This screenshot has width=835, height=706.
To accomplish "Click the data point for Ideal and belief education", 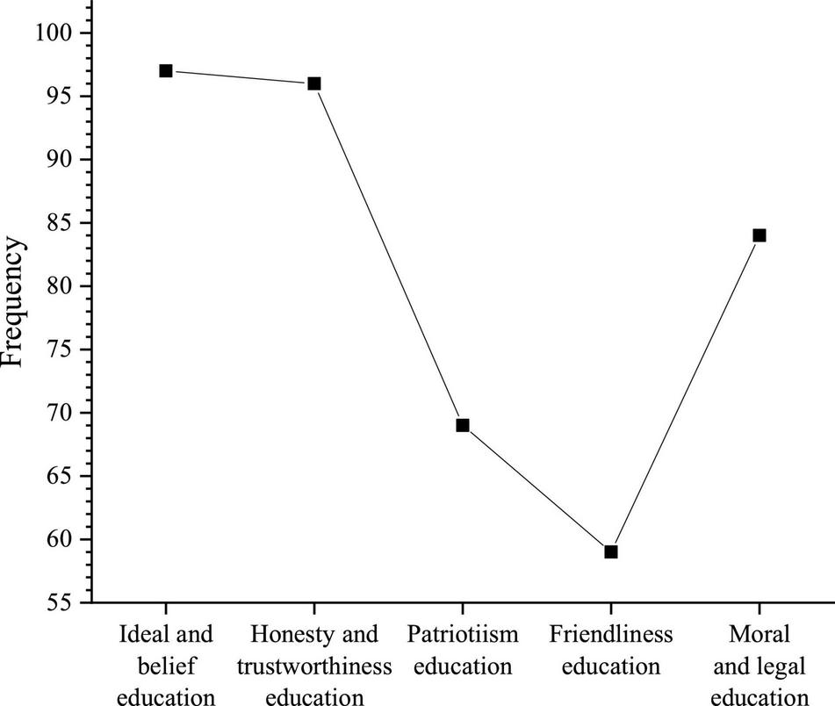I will pos(165,70).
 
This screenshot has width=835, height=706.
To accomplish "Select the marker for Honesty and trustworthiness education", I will pos(313,83).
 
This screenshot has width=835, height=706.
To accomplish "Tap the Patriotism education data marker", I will pos(463,425).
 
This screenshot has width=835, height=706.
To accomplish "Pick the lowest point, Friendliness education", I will pos(611,551).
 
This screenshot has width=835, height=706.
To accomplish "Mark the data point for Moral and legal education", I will pos(759,235).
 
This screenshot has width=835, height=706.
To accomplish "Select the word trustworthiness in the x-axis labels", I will pos(313,666).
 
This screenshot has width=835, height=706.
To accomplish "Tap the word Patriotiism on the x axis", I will pos(463,634).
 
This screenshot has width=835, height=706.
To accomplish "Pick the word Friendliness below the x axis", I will pos(611,634).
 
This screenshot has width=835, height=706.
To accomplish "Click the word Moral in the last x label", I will pos(759,634).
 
